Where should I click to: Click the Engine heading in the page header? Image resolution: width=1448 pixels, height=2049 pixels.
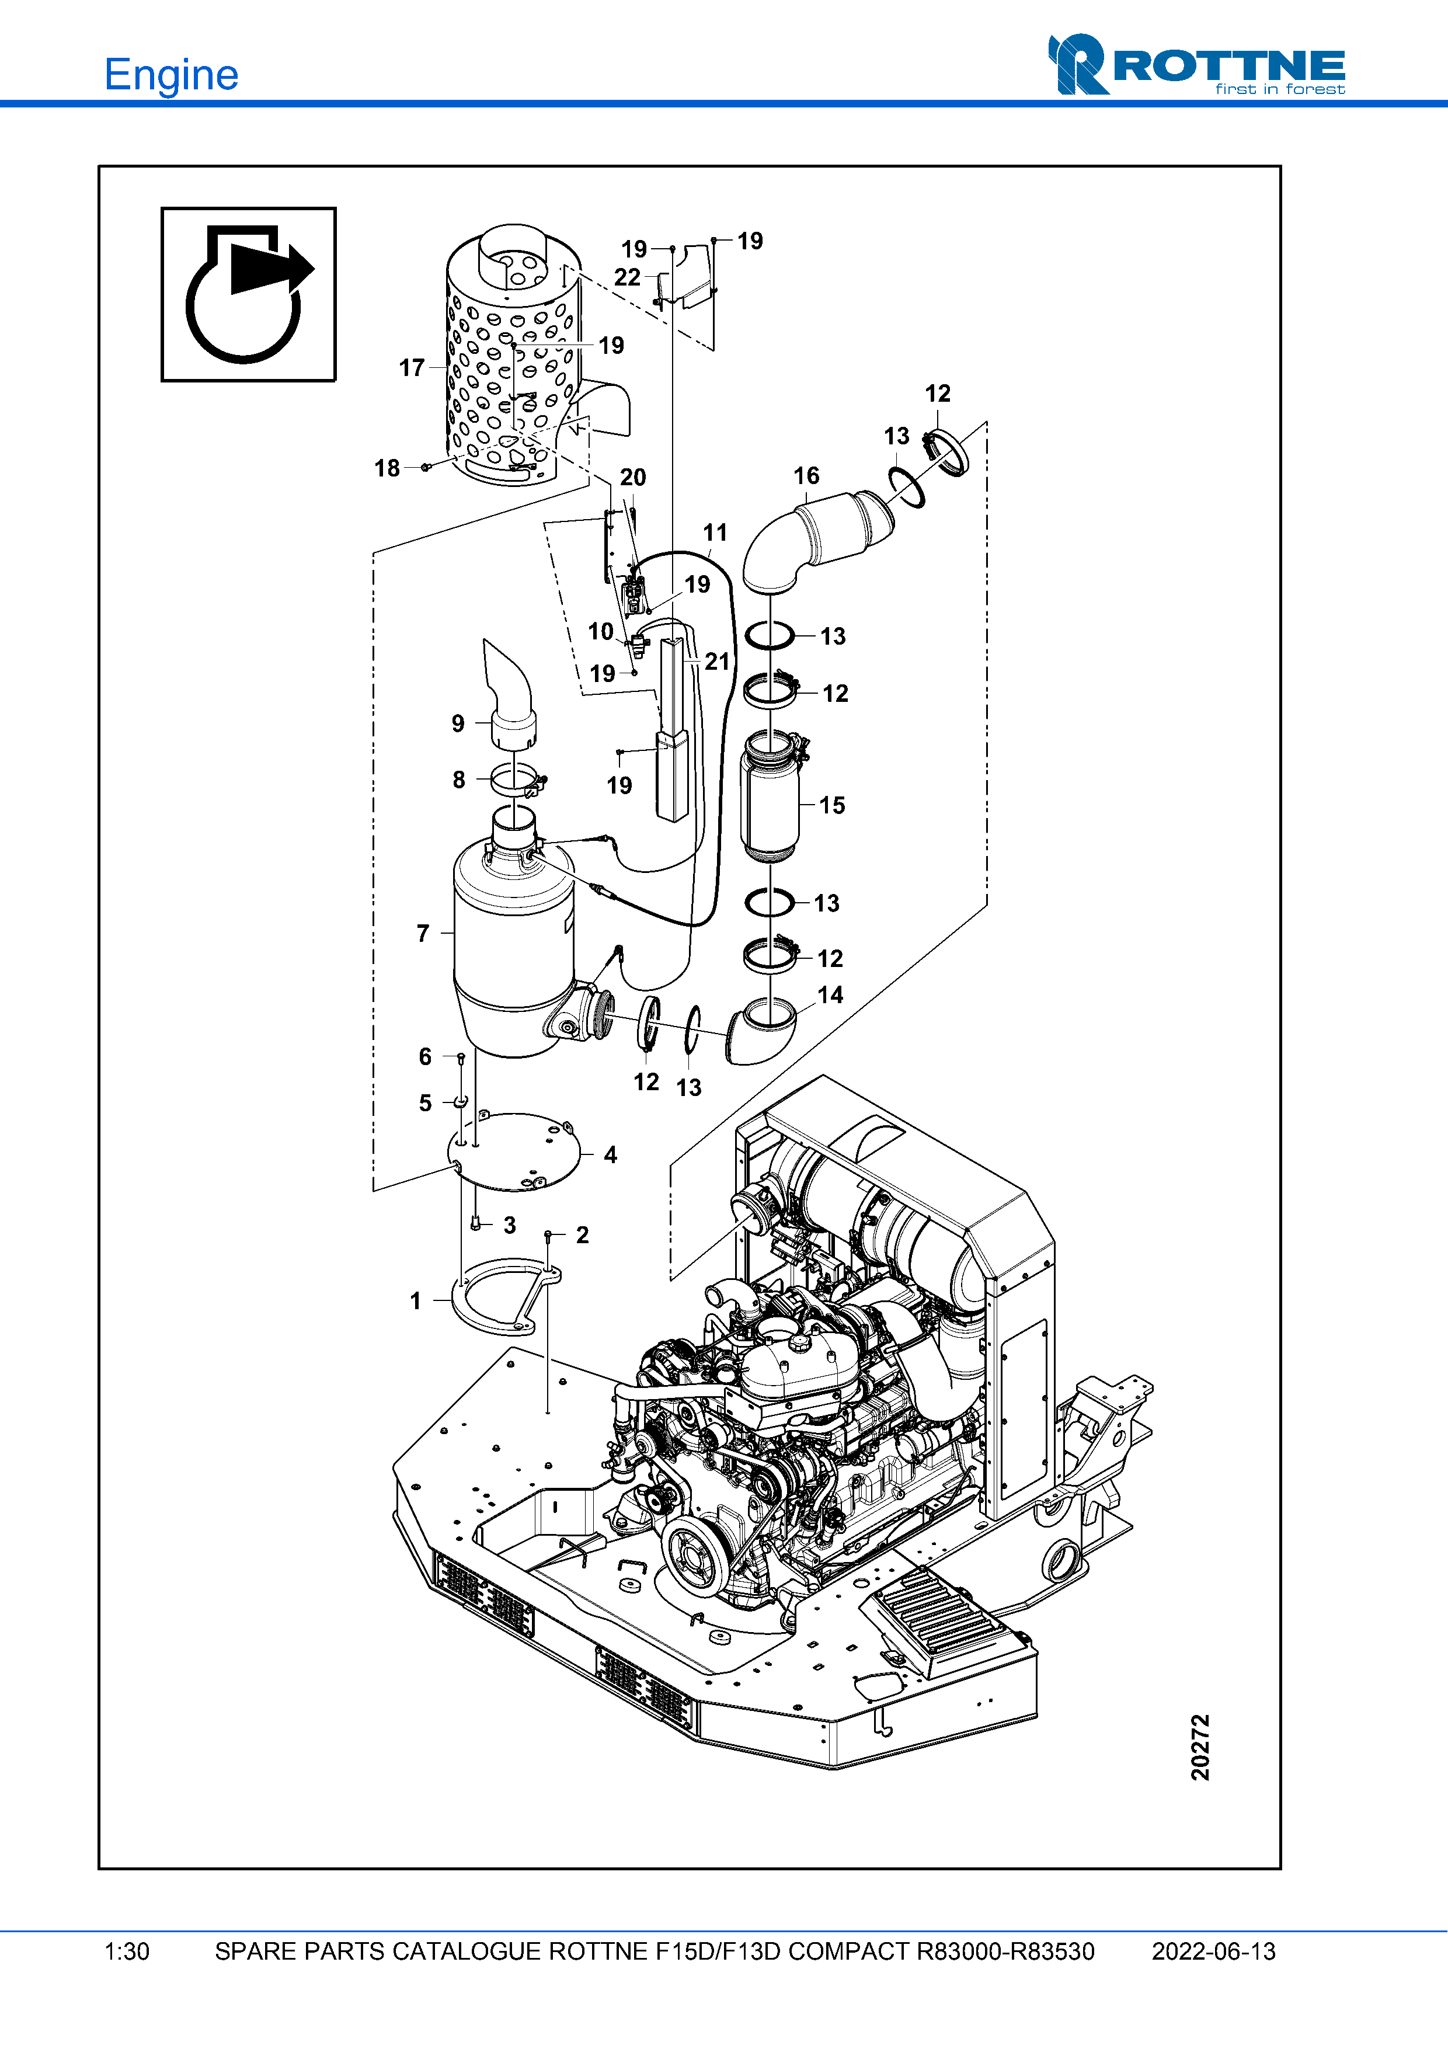coord(170,75)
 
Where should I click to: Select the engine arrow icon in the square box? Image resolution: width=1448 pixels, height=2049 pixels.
coord(248,294)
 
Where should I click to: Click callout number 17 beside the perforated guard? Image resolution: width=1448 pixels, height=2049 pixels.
coord(411,368)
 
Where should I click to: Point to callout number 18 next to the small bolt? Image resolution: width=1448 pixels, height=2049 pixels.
coord(387,468)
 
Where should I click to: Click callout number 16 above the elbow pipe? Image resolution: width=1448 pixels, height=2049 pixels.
coord(806,476)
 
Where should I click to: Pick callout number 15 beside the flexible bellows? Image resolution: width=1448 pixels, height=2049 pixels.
coord(831,805)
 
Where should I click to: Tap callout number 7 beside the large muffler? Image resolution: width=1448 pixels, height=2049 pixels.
coord(423,934)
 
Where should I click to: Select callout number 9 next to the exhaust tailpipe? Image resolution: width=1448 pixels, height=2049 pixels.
coord(458,723)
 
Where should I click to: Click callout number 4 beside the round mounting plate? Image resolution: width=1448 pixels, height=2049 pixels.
coord(610,1155)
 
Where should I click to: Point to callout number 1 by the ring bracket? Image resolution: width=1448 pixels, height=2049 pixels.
coord(416,1301)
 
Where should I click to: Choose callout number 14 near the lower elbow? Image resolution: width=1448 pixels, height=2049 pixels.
coord(830,995)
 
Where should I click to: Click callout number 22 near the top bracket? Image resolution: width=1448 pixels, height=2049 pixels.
coord(627,277)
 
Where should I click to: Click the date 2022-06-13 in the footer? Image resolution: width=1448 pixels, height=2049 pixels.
coord(1213,1951)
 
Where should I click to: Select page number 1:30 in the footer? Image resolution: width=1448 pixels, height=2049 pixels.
coord(127,1951)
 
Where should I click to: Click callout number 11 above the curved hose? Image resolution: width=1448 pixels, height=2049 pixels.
coord(715,533)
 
